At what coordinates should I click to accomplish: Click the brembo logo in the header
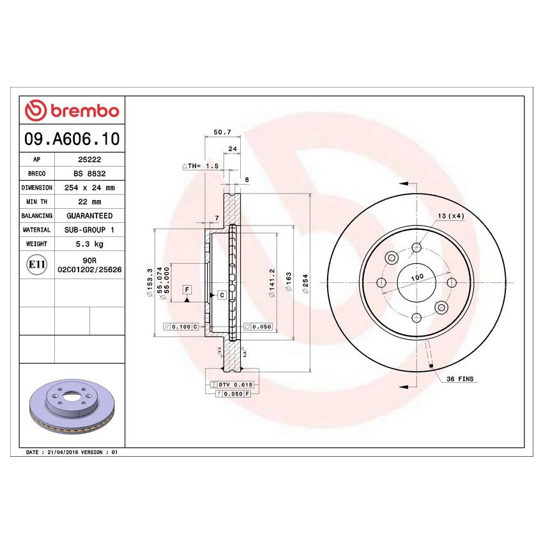pyautogui.click(x=72, y=111)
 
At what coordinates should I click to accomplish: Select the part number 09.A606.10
pyautogui.click(x=72, y=139)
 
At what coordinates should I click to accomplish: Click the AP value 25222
pyautogui.click(x=88, y=160)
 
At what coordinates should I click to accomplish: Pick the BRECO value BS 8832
pyautogui.click(x=88, y=174)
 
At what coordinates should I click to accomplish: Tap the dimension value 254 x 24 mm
pyautogui.click(x=88, y=188)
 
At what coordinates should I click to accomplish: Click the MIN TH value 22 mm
pyautogui.click(x=88, y=202)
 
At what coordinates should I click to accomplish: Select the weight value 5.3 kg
pyautogui.click(x=88, y=244)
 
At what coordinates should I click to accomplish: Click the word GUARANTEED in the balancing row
pyautogui.click(x=88, y=216)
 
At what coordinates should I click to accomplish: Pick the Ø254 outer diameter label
pyautogui.click(x=305, y=283)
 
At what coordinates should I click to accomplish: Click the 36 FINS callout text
pyautogui.click(x=460, y=379)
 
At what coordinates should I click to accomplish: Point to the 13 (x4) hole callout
pyautogui.click(x=451, y=215)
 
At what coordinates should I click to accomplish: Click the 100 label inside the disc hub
pyautogui.click(x=417, y=278)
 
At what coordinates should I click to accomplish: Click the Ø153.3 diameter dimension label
pyautogui.click(x=149, y=282)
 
